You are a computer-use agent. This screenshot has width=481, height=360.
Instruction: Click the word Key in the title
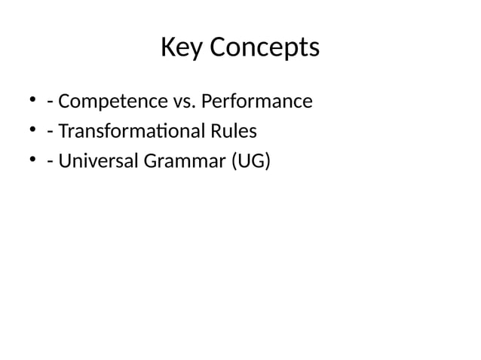[x=182, y=48]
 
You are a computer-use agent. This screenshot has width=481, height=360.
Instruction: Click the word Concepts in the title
[x=263, y=50]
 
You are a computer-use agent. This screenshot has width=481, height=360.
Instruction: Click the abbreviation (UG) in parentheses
[x=250, y=162]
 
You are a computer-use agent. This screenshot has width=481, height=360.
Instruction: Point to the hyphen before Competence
[x=49, y=102]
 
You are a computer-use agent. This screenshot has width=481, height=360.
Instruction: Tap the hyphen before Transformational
[x=49, y=133]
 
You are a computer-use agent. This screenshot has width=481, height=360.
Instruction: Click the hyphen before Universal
[x=49, y=163]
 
